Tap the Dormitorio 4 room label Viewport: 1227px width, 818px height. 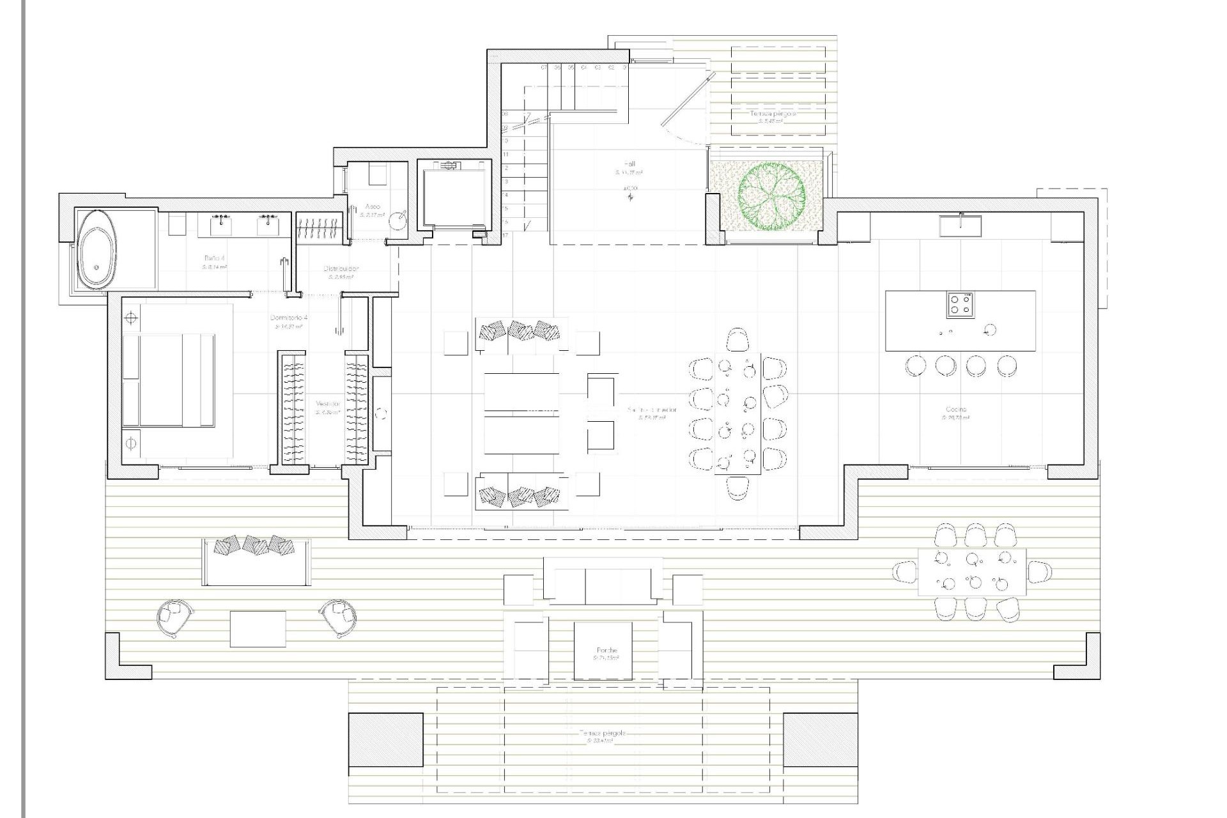(289, 318)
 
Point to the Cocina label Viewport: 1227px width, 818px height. (956, 409)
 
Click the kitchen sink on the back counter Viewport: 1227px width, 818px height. (960, 224)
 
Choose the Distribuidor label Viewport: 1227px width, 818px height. (341, 269)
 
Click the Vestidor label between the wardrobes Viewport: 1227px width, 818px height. (327, 405)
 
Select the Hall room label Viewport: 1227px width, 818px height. (629, 164)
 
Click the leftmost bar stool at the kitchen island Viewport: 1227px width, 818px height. (915, 366)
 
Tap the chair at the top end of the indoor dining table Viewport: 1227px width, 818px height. (737, 339)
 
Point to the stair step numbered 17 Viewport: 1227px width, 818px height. (505, 235)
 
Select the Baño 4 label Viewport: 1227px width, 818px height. (212, 259)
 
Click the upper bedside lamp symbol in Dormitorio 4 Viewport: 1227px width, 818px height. (132, 317)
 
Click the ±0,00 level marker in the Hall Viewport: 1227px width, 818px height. (630, 189)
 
